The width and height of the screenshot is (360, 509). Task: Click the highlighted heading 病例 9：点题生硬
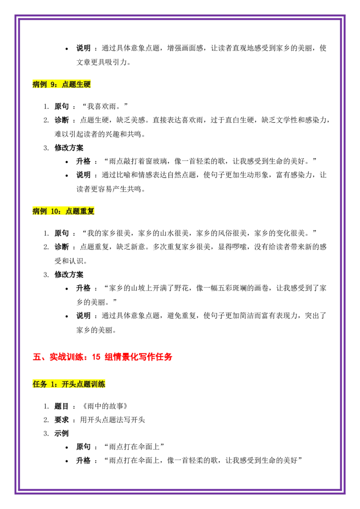click(61, 85)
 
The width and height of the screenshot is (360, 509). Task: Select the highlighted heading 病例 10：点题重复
click(63, 211)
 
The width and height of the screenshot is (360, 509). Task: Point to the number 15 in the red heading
click(96, 357)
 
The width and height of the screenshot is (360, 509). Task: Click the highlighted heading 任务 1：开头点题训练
click(69, 384)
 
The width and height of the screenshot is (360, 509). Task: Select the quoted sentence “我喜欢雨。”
click(105, 106)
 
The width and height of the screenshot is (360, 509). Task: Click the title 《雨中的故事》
click(105, 406)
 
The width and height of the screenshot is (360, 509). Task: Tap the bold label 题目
click(61, 406)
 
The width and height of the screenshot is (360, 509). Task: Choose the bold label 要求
click(61, 420)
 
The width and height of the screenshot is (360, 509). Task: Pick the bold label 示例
click(61, 433)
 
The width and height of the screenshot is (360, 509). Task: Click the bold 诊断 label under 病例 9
click(61, 120)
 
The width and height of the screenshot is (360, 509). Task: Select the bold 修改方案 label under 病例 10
click(69, 275)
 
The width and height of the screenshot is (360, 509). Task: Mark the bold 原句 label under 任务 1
click(83, 446)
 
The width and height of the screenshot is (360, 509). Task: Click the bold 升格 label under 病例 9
click(83, 161)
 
